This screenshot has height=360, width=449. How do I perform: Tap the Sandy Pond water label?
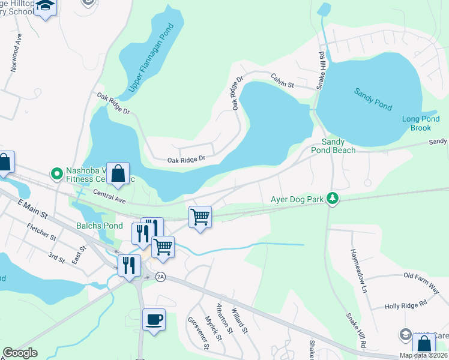[x=373, y=99]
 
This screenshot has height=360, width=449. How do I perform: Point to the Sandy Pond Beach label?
[x=339, y=146]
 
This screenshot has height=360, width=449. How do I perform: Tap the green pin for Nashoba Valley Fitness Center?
[x=58, y=174]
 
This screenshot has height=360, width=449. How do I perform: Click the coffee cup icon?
[x=154, y=319]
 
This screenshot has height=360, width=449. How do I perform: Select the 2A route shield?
[x=160, y=277]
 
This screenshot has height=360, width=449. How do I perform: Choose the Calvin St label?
[x=282, y=80]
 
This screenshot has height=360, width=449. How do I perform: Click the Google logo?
[x=20, y=352]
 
